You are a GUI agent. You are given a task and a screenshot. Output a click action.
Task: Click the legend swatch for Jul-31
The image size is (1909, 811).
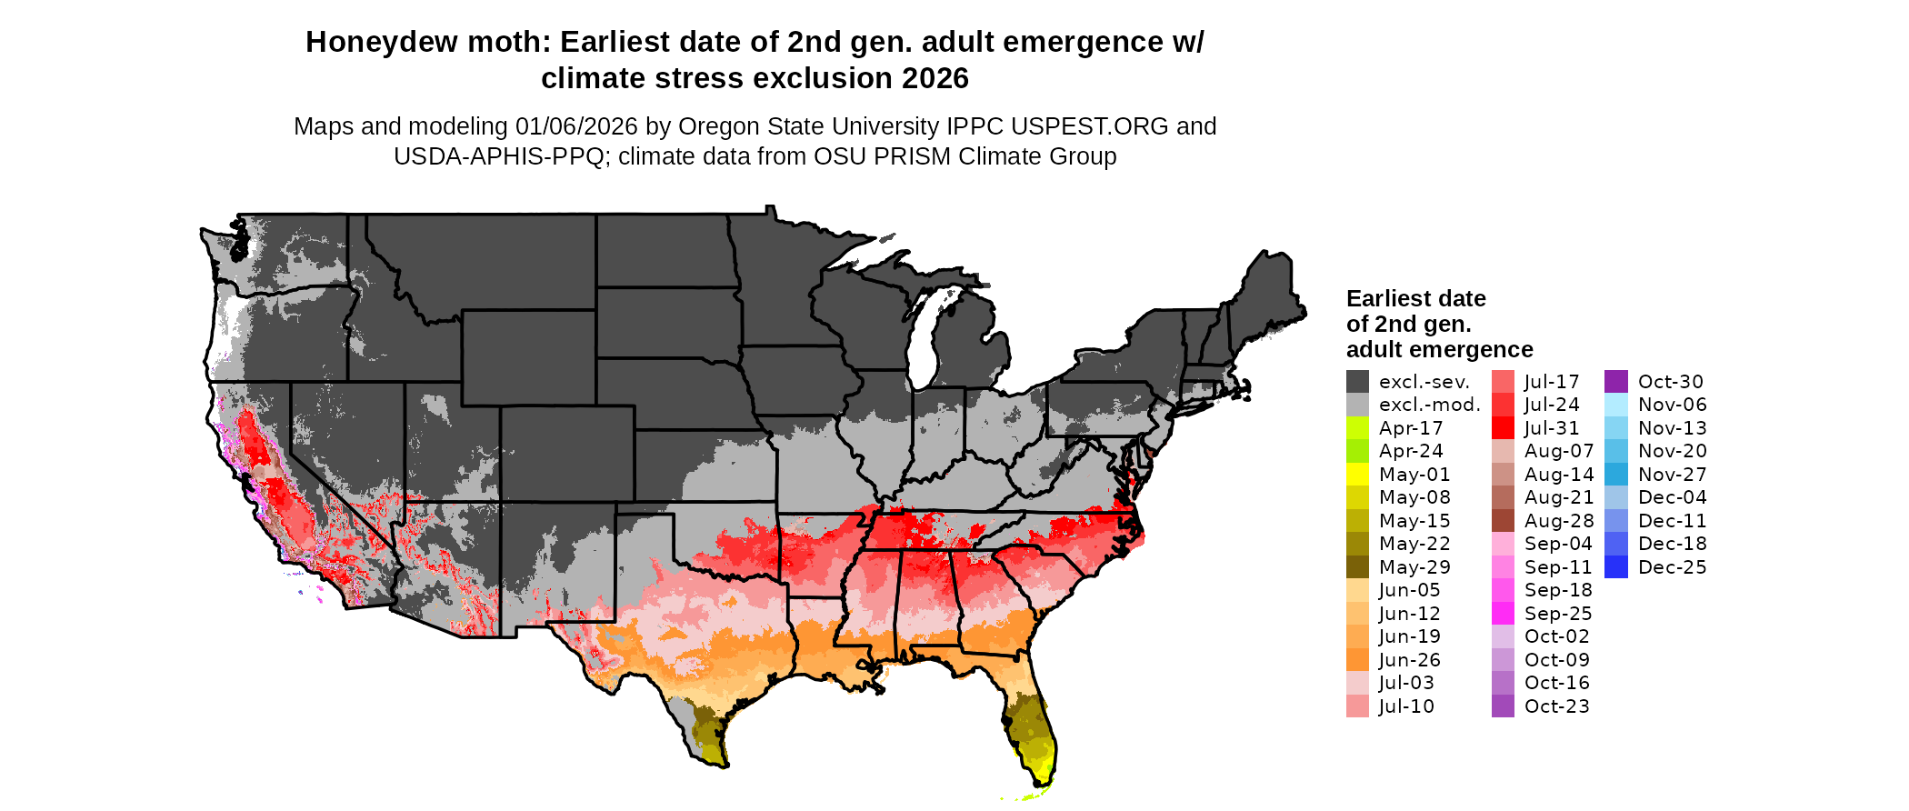point(1503,428)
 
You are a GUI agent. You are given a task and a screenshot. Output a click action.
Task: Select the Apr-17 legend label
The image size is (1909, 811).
point(1411,428)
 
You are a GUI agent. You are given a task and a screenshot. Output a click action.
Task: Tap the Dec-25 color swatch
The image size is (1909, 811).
point(1616,567)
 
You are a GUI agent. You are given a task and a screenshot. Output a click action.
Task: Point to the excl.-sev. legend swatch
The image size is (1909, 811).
point(1357,382)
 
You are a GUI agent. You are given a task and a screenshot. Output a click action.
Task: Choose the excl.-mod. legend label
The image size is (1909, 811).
point(1429,405)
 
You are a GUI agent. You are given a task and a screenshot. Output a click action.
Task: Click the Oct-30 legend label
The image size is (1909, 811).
point(1670,382)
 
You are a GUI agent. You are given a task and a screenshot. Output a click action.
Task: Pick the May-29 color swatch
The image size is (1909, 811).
point(1357,567)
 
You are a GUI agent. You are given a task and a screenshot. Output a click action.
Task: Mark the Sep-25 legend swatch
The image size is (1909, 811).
point(1503,614)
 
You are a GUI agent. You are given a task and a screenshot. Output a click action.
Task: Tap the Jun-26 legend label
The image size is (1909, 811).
point(1409,660)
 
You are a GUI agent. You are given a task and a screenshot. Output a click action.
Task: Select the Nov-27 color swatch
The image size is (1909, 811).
point(1616,475)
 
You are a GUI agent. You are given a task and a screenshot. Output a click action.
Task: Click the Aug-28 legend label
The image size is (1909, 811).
point(1558,521)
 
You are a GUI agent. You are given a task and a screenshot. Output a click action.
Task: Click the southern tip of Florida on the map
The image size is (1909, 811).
point(1042,782)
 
